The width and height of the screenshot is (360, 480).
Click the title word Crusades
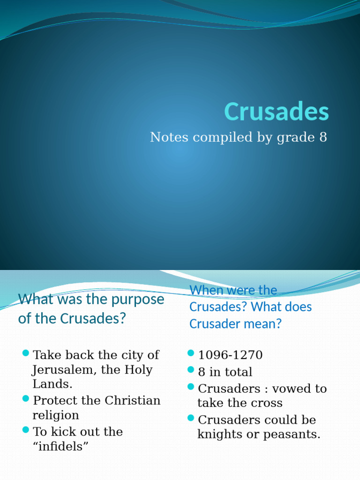point(277,112)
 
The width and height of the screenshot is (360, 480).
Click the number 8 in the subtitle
point(323,137)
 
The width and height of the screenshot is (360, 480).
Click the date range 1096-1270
point(230,355)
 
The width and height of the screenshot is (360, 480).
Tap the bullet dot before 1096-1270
point(191,353)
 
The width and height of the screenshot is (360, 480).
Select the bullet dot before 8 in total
point(191,370)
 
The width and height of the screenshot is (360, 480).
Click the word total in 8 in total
point(238,372)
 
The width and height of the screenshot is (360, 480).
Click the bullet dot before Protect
point(26,398)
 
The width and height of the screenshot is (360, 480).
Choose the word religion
point(55,415)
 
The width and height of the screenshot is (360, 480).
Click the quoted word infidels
point(60,447)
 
